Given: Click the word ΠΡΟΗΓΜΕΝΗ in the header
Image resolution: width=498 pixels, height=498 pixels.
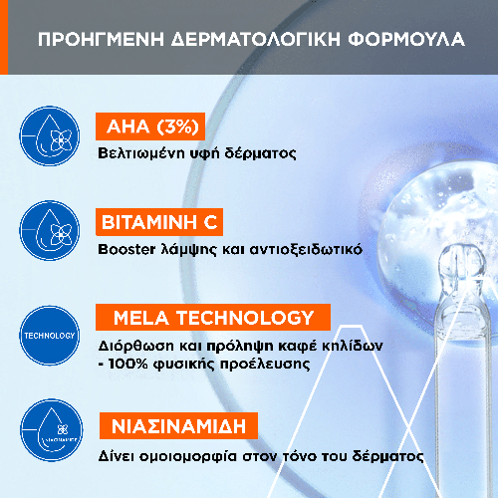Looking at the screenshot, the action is [x=101, y=39].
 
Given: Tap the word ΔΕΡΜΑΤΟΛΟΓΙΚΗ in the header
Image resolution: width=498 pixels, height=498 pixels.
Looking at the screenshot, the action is [x=256, y=39].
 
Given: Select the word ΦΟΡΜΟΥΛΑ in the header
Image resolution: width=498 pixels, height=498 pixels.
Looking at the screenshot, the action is [x=406, y=39].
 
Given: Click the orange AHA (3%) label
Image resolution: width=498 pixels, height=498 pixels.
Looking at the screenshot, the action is [x=150, y=126].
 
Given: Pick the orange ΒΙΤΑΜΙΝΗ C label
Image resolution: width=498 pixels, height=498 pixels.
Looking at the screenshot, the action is [x=159, y=222].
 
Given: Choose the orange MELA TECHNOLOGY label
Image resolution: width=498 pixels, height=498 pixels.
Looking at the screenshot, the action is [x=213, y=317].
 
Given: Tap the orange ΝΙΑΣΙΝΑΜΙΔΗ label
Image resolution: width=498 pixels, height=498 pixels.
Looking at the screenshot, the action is [x=178, y=426].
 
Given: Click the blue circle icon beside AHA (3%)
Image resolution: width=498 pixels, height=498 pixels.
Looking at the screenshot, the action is [x=50, y=136].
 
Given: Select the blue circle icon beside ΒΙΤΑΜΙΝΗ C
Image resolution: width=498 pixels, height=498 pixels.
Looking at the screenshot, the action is [x=50, y=230].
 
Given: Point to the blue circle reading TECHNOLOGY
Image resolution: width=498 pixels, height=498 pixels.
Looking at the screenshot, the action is [x=50, y=336].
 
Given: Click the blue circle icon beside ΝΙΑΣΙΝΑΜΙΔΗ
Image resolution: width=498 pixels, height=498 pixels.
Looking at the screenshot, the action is [x=52, y=430].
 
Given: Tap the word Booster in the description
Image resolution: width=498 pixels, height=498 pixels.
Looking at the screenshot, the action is [x=126, y=249].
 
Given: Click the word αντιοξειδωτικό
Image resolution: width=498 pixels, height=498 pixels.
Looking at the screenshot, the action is [x=306, y=249].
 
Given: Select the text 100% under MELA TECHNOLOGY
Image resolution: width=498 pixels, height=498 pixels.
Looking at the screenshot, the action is [x=127, y=364].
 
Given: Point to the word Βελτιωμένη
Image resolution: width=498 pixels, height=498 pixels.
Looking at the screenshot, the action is [x=141, y=153].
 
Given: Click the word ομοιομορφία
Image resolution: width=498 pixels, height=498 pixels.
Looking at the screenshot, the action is [x=187, y=457].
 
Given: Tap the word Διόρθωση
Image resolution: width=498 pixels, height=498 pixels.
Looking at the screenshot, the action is [x=135, y=346].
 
